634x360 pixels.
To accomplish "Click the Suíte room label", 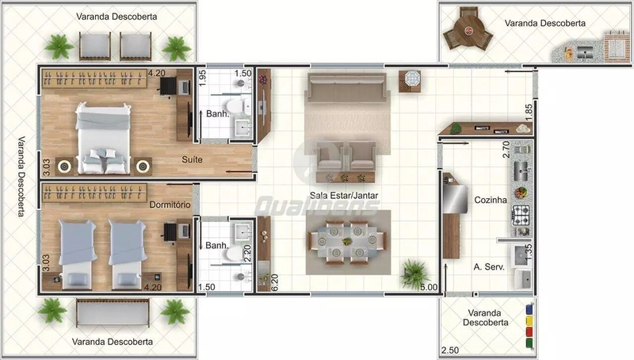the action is click(x=192, y=159).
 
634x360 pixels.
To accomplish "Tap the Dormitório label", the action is click(x=170, y=205).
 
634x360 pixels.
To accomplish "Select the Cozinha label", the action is click(x=491, y=200).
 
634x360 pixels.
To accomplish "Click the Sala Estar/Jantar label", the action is click(x=344, y=195).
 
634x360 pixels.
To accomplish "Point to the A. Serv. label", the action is click(x=489, y=267).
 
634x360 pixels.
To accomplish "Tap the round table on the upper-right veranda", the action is click(x=468, y=30).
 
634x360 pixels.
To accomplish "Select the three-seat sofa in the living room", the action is click(x=346, y=88).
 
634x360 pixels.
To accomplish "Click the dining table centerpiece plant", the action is click(x=346, y=242).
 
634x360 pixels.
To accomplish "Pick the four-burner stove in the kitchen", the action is click(x=521, y=215).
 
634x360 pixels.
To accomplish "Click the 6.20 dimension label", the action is click(x=274, y=282).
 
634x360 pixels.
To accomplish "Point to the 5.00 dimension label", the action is click(x=429, y=287).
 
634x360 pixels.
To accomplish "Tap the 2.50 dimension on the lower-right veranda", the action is click(x=450, y=350).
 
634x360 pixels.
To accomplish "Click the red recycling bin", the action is click(x=529, y=332).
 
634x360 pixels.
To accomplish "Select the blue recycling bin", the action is click(x=529, y=309).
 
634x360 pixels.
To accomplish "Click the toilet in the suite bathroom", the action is click(x=235, y=106).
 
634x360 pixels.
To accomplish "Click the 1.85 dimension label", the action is click(x=529, y=112).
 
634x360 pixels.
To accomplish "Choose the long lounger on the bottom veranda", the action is click(x=113, y=312).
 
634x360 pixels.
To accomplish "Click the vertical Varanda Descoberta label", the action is click(x=21, y=176).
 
